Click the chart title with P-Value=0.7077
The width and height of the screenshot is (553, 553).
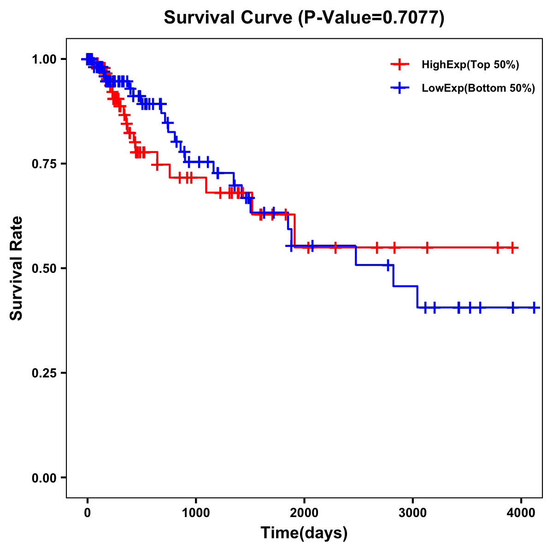(x=304, y=18)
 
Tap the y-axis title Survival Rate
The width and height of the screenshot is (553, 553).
(x=17, y=268)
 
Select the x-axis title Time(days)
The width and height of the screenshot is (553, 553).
(x=304, y=533)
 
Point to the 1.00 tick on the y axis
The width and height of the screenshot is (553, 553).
(x=44, y=59)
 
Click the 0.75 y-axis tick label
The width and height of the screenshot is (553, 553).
(x=44, y=164)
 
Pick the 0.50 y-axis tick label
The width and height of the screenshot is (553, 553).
(x=44, y=268)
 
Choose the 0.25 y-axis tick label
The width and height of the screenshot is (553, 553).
(x=44, y=373)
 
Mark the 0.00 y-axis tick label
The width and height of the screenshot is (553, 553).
(x=44, y=477)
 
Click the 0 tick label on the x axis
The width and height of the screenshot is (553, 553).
(x=88, y=512)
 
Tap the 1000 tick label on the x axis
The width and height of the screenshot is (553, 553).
(x=196, y=512)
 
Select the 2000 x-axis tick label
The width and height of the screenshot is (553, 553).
(x=304, y=512)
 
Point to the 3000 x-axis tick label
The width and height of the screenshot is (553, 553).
(x=412, y=512)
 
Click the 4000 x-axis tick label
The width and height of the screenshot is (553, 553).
(x=521, y=512)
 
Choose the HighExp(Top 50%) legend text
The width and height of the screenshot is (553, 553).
(x=471, y=65)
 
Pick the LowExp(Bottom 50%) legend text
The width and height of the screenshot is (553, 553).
(x=478, y=88)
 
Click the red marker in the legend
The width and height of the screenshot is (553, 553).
(x=400, y=65)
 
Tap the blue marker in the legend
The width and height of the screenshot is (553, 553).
(x=400, y=88)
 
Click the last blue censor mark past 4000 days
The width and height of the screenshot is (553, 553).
(x=534, y=307)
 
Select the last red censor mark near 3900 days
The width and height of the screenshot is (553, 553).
(x=512, y=248)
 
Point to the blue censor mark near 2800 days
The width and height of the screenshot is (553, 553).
(x=388, y=265)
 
